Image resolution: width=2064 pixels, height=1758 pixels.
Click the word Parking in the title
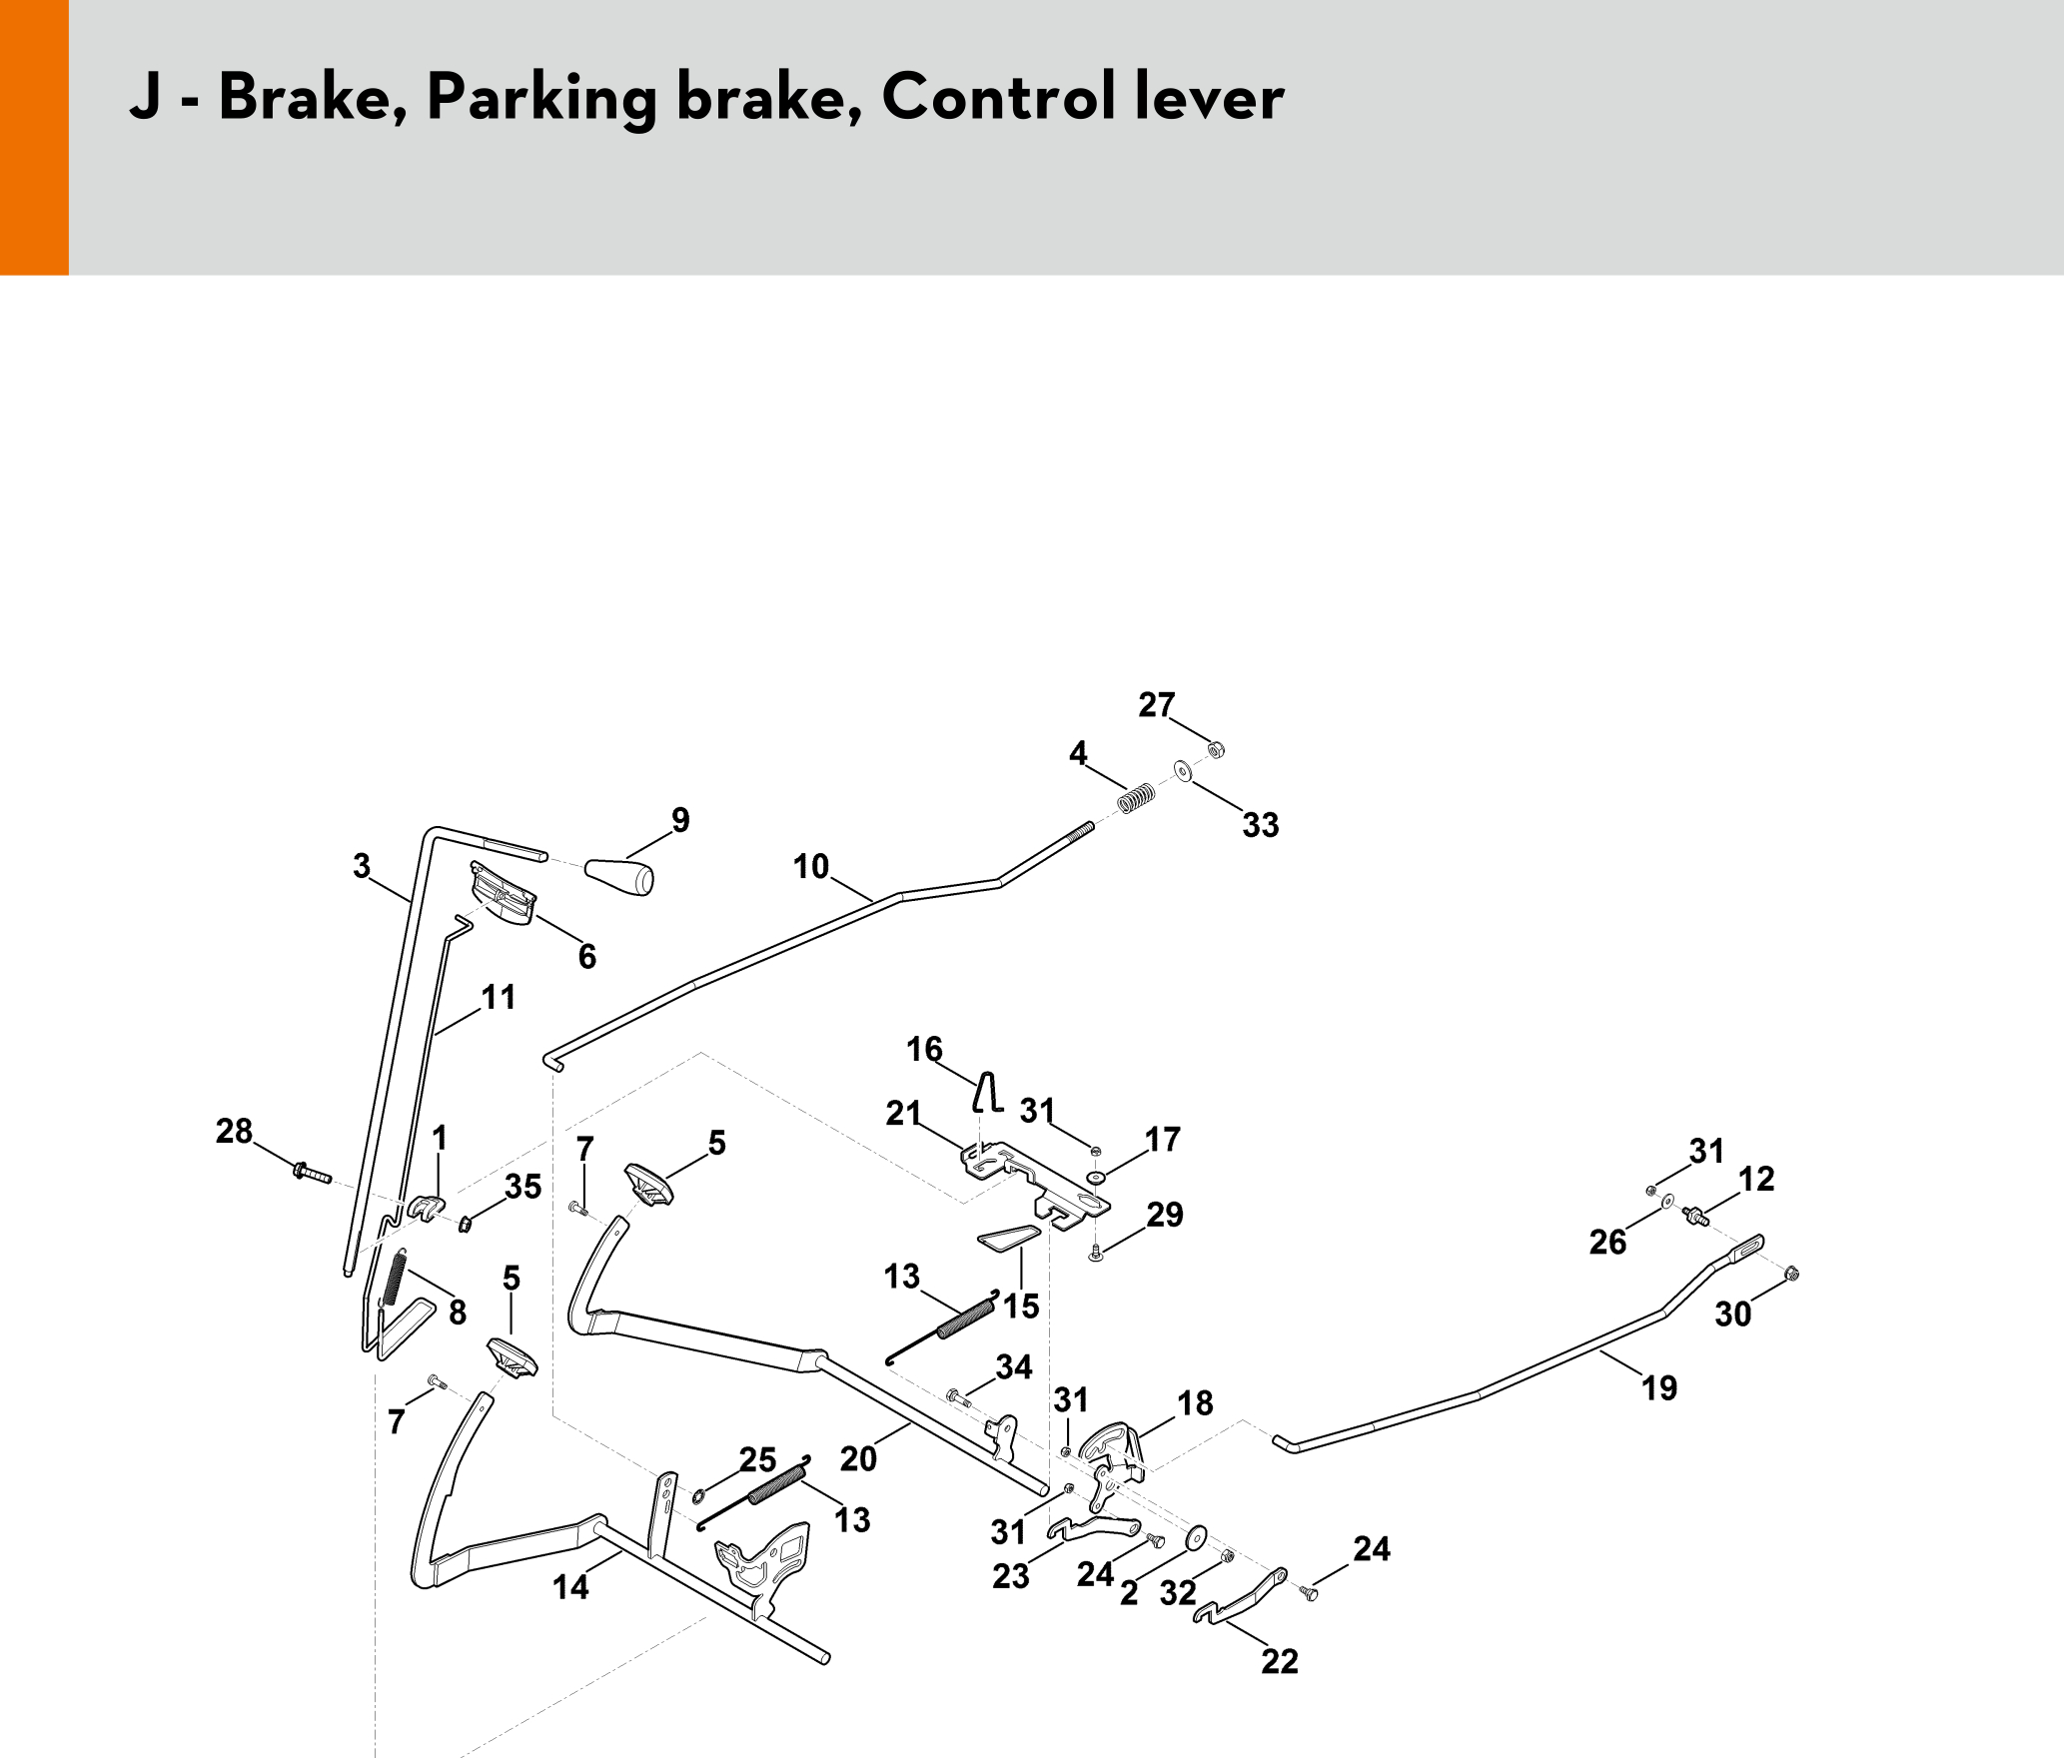click(x=540, y=99)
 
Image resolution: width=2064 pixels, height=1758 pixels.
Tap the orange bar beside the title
click(x=34, y=137)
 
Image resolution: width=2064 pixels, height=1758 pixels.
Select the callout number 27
click(x=1156, y=705)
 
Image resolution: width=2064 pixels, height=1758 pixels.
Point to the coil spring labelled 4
click(x=1136, y=799)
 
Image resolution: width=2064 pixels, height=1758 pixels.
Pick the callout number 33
click(x=1261, y=825)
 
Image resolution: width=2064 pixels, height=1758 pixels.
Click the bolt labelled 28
click(x=311, y=1173)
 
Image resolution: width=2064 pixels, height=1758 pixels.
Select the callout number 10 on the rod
click(x=811, y=866)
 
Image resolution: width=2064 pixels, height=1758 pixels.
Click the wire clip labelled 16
click(x=988, y=1092)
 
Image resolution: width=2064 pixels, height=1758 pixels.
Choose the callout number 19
click(x=1659, y=1387)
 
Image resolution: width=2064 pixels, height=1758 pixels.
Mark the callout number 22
click(x=1280, y=1661)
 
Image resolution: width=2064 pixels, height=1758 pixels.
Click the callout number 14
click(x=570, y=1587)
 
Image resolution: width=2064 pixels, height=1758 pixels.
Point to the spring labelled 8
click(x=395, y=1278)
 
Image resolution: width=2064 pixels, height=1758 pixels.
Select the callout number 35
click(x=522, y=1186)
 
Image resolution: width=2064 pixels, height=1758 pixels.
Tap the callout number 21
click(x=903, y=1113)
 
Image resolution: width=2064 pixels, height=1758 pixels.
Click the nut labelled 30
click(x=1791, y=1274)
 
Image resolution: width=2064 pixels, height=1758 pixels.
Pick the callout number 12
click(x=1756, y=1179)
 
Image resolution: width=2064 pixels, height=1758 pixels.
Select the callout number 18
click(x=1195, y=1403)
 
